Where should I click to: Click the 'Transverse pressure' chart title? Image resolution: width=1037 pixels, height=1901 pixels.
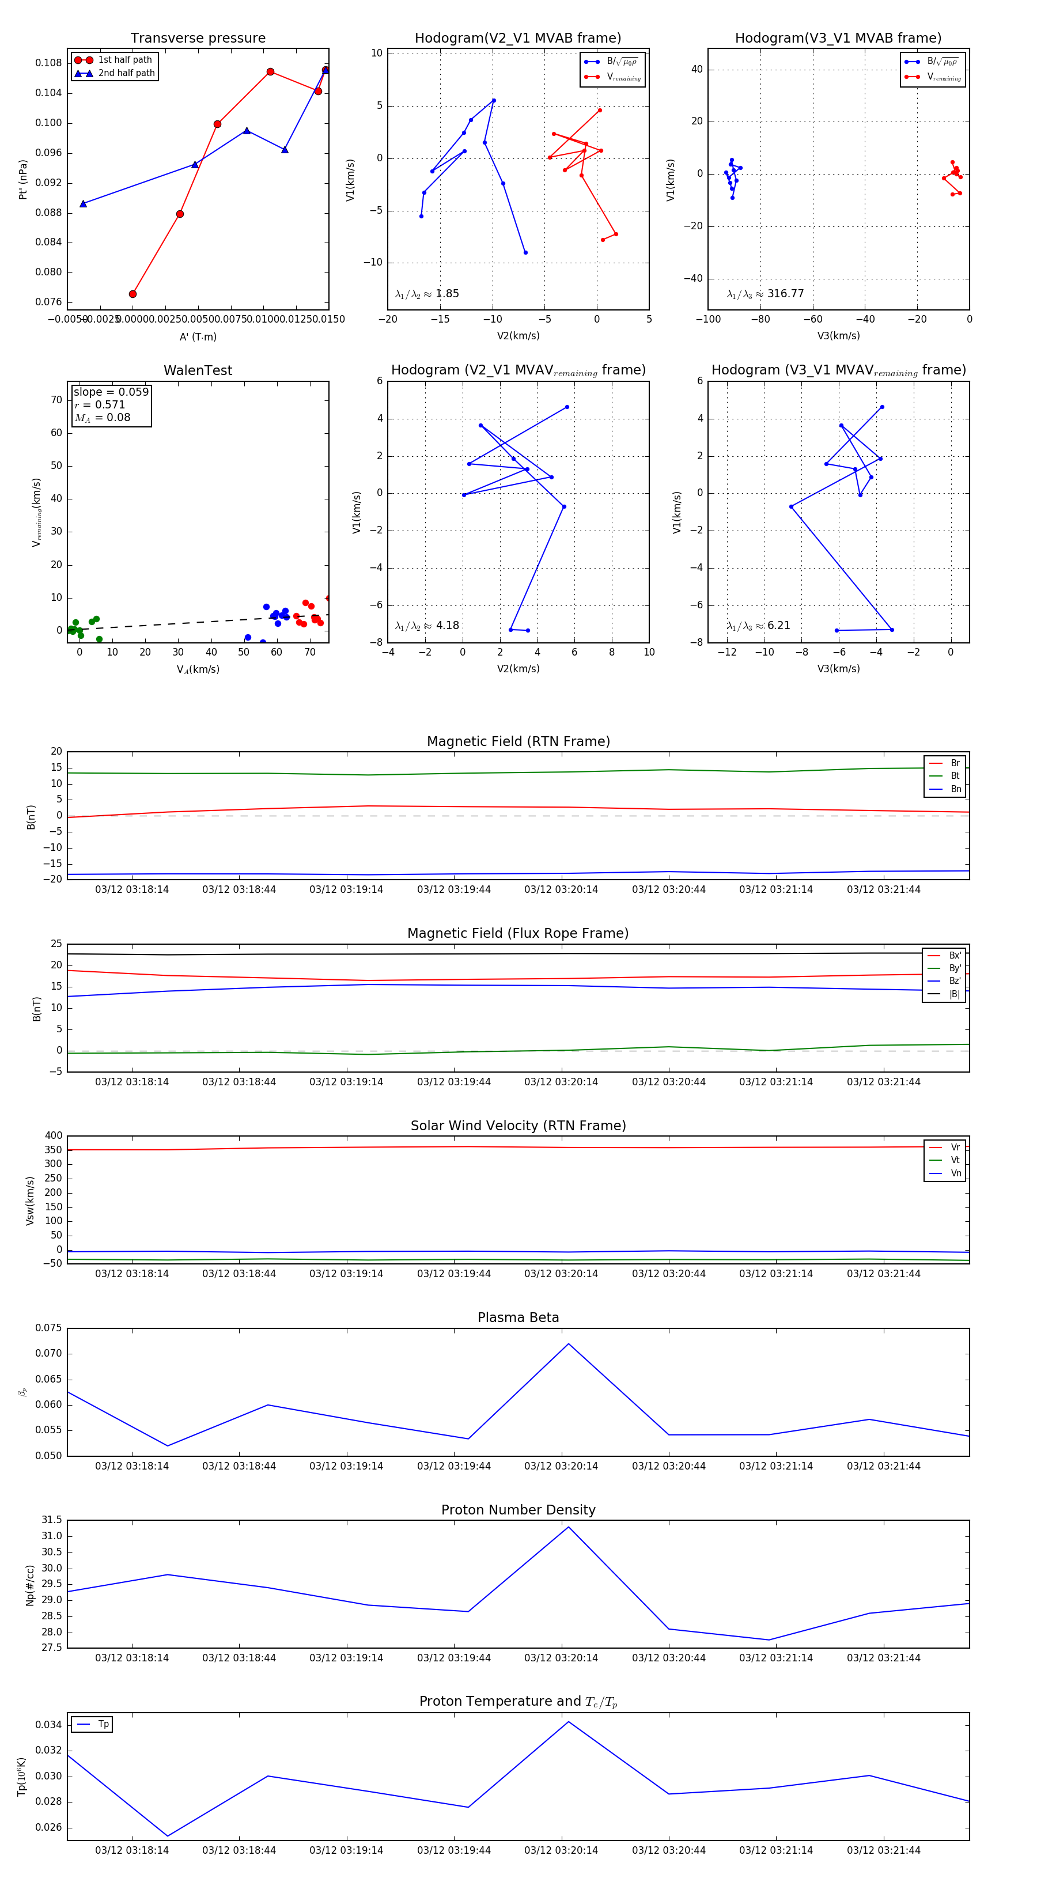198,39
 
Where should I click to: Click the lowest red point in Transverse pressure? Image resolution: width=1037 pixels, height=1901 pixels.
133,294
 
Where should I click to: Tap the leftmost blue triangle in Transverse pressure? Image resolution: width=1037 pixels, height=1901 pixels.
84,204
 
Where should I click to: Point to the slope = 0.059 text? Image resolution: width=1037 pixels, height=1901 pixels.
111,392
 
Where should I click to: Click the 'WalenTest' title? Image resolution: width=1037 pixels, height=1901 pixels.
198,370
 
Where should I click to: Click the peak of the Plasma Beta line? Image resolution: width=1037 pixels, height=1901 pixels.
568,1344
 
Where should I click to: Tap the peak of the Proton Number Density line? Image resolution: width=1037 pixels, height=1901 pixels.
568,1527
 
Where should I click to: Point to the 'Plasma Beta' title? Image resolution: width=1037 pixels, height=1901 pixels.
518,1318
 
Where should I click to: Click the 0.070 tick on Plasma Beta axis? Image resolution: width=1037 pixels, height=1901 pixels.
49,1353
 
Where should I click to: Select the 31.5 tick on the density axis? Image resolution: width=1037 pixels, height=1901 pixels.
52,1520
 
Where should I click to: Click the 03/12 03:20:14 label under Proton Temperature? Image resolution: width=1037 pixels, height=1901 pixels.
561,1850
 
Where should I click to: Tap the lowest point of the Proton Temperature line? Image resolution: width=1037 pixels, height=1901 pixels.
168,1836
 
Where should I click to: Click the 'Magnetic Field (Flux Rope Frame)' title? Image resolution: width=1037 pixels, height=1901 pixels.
518,934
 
